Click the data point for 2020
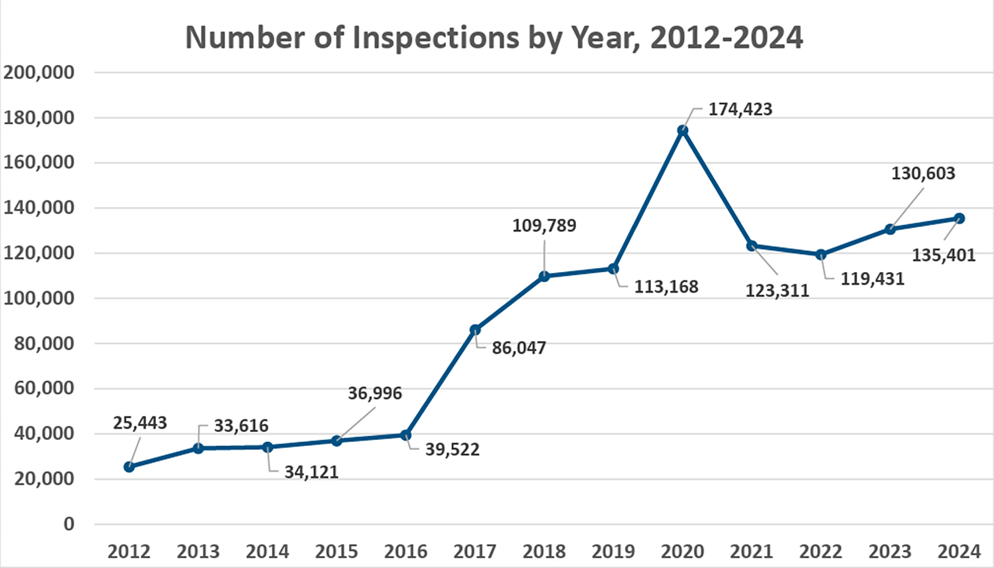(683, 131)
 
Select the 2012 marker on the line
(129, 467)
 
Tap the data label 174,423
(740, 109)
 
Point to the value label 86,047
(519, 348)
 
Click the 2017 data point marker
(475, 330)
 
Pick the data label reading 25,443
(140, 423)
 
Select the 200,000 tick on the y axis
(39, 73)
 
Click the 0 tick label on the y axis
(68, 524)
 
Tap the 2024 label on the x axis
(959, 551)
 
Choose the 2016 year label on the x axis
(406, 551)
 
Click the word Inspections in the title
(435, 38)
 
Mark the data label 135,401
(943, 255)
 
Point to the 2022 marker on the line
(821, 254)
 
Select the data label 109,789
(544, 226)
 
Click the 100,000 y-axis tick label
(39, 298)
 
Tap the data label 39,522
(452, 450)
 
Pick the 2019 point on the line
(613, 269)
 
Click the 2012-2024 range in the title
(726, 38)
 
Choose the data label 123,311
(777, 291)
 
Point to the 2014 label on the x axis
(267, 551)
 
